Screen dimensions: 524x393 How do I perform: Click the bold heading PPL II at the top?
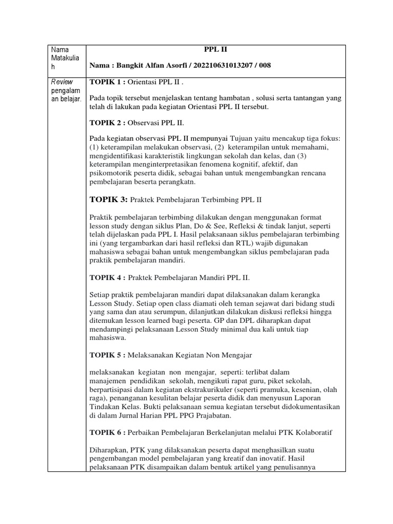click(214, 50)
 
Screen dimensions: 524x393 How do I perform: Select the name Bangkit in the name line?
click(129, 65)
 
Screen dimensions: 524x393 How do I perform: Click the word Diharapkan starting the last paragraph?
click(110, 449)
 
